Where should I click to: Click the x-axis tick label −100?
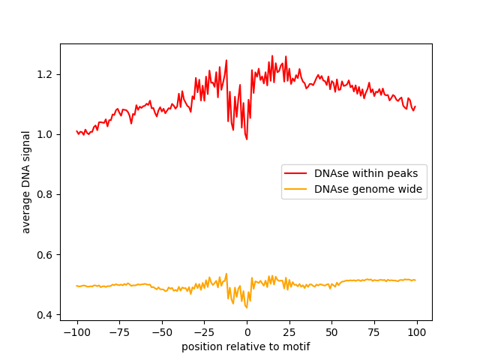tap(76, 333)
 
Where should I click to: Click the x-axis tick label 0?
tap(247, 333)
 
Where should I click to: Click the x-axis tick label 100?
tap(417, 333)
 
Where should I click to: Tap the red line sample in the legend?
tap(296, 173)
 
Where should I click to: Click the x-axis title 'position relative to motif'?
tap(246, 347)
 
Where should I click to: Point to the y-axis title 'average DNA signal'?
tap(26, 181)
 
